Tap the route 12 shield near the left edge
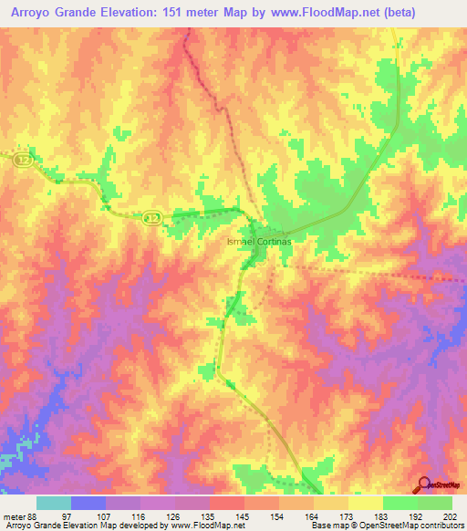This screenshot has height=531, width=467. (x=22, y=160)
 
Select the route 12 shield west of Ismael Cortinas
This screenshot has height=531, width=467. (x=152, y=217)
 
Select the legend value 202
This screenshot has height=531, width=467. (x=450, y=518)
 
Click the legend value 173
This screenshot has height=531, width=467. (x=347, y=518)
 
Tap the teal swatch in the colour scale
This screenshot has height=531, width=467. (x=53, y=503)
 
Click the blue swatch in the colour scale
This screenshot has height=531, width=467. (x=88, y=503)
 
